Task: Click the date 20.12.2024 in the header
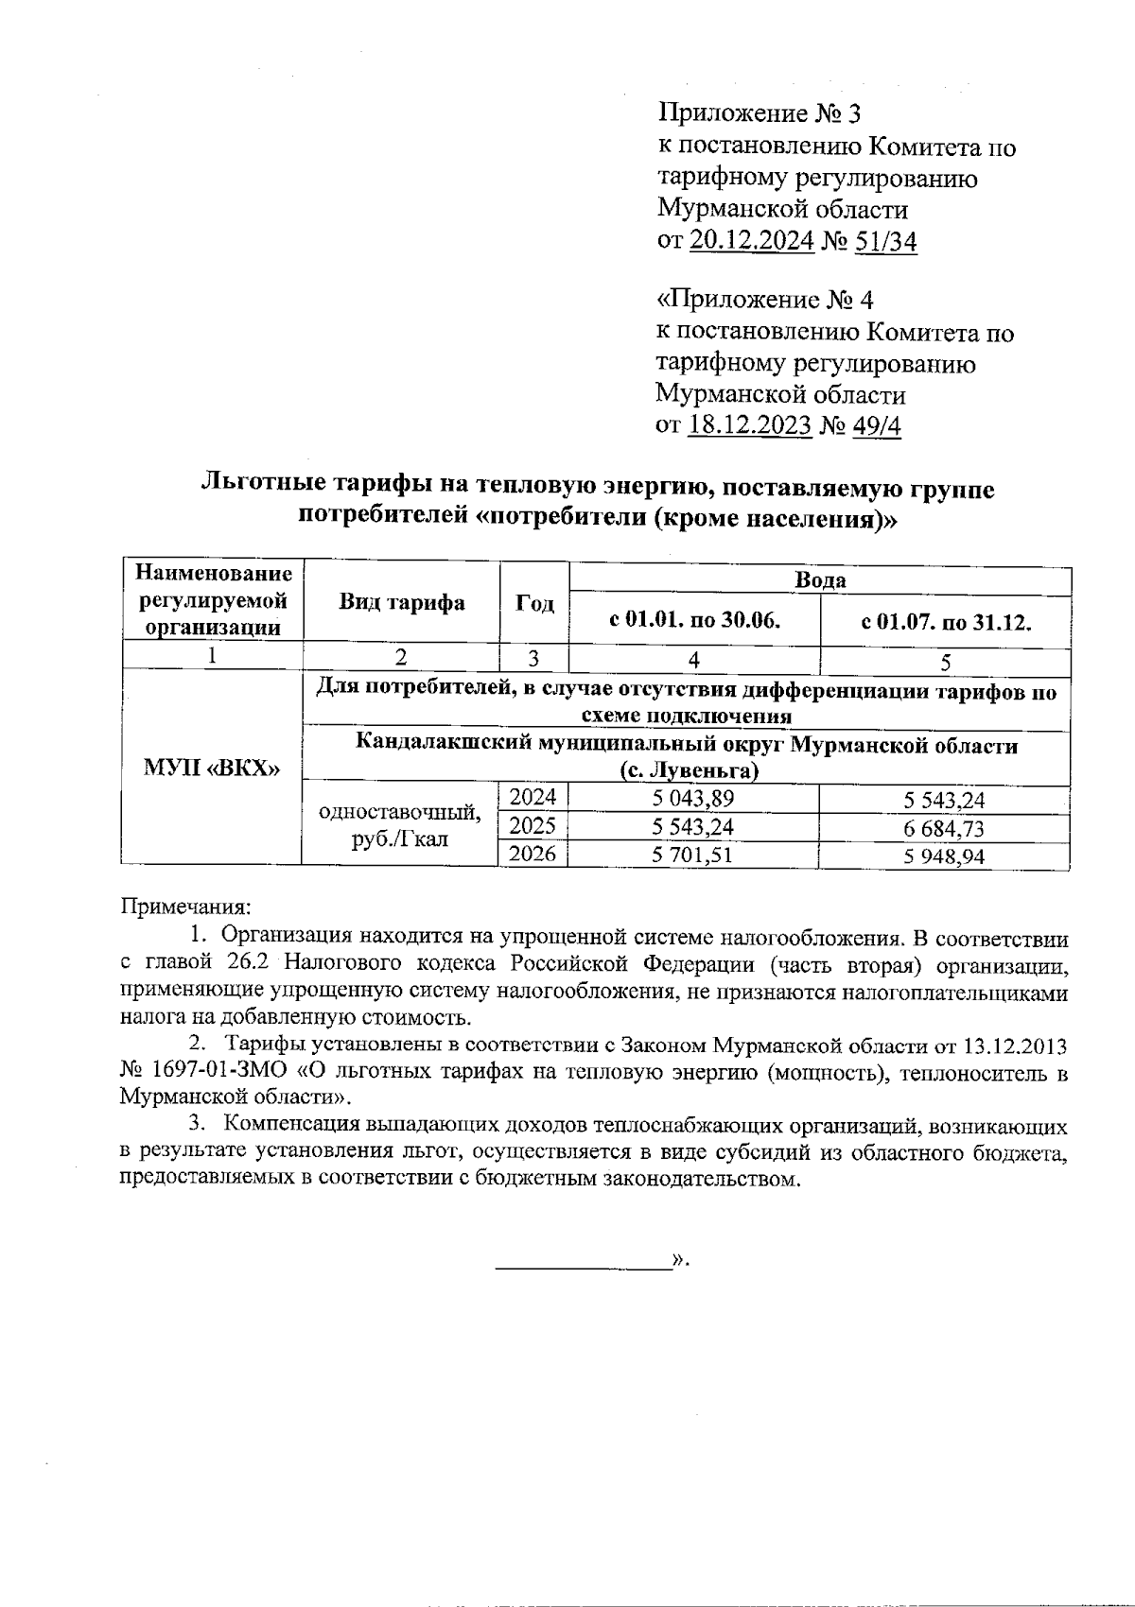click(751, 242)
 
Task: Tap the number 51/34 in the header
click(885, 242)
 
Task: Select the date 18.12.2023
click(750, 425)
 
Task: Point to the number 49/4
click(877, 425)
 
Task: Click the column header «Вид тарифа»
click(402, 603)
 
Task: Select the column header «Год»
click(534, 603)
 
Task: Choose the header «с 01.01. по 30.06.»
click(694, 622)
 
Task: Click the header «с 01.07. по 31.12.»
click(945, 622)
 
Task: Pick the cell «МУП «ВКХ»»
click(211, 767)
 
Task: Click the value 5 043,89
click(693, 800)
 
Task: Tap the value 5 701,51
click(693, 855)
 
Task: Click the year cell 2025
click(533, 827)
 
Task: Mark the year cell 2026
click(533, 855)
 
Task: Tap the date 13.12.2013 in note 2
click(1016, 1046)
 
